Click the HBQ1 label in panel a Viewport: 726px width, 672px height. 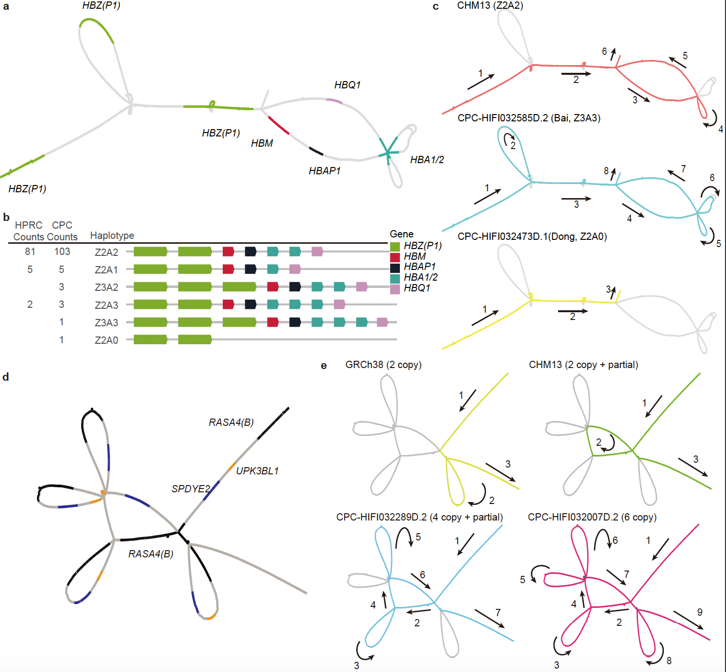pyautogui.click(x=347, y=85)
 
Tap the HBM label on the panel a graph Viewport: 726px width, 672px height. pyautogui.click(x=262, y=143)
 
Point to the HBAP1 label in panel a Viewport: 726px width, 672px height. pyautogui.click(x=325, y=171)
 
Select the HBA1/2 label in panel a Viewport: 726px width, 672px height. pyautogui.click(x=427, y=160)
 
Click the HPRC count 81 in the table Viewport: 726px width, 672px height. pyautogui.click(x=30, y=252)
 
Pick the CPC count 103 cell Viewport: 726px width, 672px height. pyautogui.click(x=62, y=252)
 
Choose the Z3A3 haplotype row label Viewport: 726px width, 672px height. pyautogui.click(x=106, y=323)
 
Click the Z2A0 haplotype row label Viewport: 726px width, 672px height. pyautogui.click(x=106, y=340)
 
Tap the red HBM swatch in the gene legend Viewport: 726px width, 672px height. pyautogui.click(x=395, y=257)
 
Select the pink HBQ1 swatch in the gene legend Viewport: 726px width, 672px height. pyautogui.click(x=395, y=289)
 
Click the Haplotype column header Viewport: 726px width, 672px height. pyautogui.click(x=112, y=236)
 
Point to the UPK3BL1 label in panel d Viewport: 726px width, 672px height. pyautogui.click(x=257, y=471)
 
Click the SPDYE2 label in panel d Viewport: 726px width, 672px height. pyautogui.click(x=191, y=489)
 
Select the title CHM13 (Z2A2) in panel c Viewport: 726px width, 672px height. pyautogui.click(x=490, y=5)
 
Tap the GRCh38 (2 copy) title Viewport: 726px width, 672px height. pyautogui.click(x=383, y=365)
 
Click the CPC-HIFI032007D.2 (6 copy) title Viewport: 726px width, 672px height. pyautogui.click(x=592, y=517)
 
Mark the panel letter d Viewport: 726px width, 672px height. pyautogui.click(x=6, y=377)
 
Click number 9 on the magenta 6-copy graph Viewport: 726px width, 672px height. pyautogui.click(x=699, y=612)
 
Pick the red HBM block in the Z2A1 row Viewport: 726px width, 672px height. pyautogui.click(x=228, y=269)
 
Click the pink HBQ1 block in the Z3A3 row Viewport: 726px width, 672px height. pyautogui.click(x=382, y=322)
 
